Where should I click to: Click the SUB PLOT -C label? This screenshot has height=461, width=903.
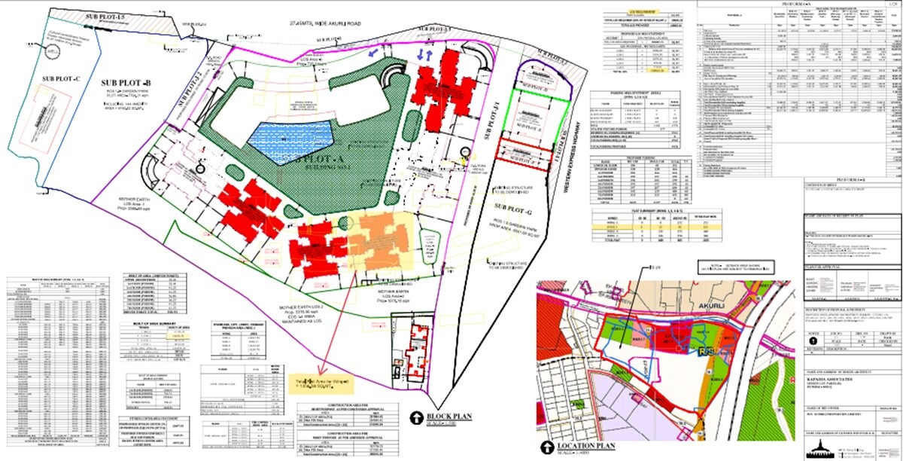coord(61,78)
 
